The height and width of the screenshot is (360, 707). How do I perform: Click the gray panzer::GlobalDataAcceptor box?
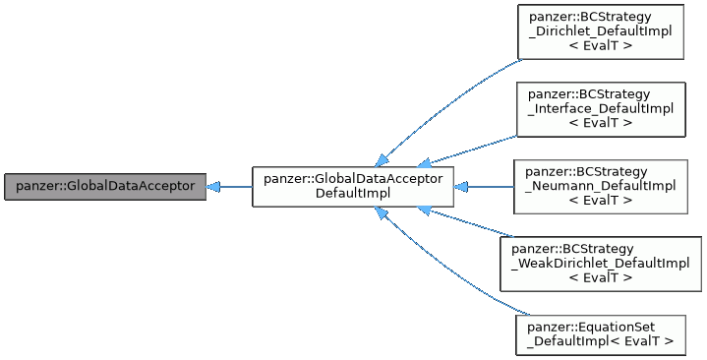[105, 186]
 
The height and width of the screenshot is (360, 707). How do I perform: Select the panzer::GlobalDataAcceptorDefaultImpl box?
[353, 186]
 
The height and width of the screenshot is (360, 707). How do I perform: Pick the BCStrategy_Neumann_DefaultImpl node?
[600, 186]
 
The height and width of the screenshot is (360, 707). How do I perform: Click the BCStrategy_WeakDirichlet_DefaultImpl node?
[600, 264]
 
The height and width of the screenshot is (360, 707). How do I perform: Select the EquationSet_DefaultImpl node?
[600, 333]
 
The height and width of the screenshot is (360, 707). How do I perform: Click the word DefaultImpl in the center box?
[353, 193]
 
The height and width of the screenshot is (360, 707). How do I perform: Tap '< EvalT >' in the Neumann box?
[600, 200]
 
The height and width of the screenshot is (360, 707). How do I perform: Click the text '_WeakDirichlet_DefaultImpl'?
[600, 264]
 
